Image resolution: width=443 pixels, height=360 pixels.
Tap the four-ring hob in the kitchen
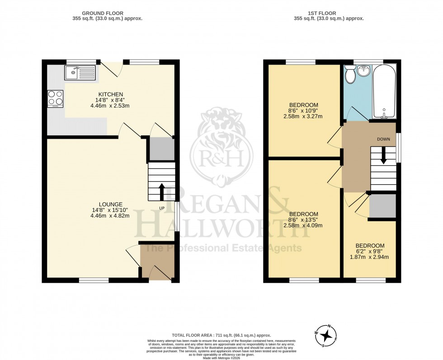(55, 98)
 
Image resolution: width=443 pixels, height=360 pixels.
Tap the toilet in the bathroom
(349, 74)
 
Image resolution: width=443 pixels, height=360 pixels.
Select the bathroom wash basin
(363, 72)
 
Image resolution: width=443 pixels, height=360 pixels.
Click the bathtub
(384, 90)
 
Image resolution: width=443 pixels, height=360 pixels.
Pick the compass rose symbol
(327, 336)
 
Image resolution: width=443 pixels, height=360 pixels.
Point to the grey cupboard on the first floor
(382, 206)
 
